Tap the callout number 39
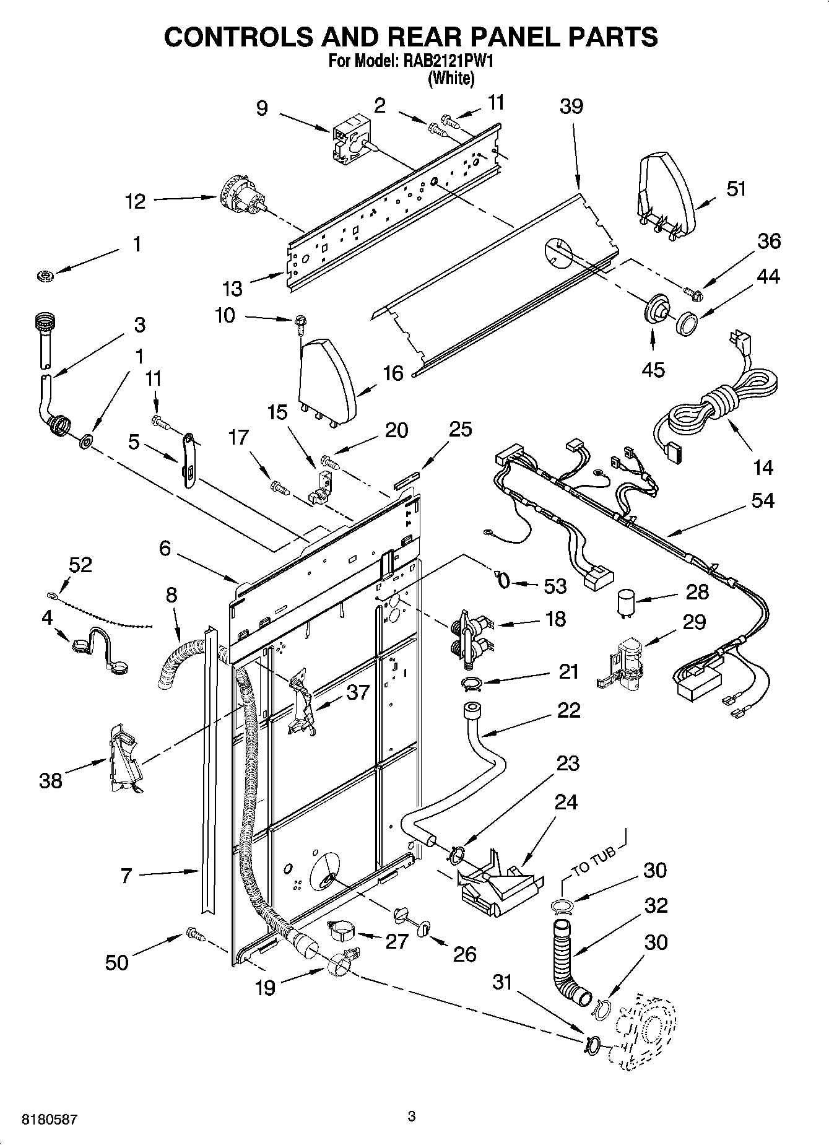[x=571, y=107]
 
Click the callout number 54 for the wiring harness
[x=762, y=500]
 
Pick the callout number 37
[x=357, y=692]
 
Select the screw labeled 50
[x=194, y=934]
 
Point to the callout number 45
[x=653, y=369]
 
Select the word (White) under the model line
[x=451, y=79]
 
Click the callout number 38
[x=51, y=780]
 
